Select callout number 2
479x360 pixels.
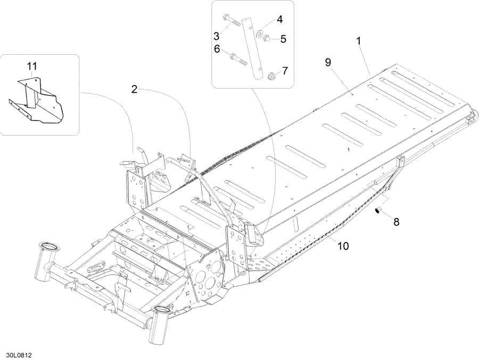tap(135, 90)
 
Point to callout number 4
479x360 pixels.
tap(279, 20)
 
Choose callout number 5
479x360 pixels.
tap(283, 38)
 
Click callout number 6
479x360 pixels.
tap(217, 48)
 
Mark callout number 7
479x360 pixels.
tap(284, 70)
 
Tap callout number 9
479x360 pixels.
tap(328, 62)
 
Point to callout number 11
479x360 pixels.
tap(32, 66)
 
